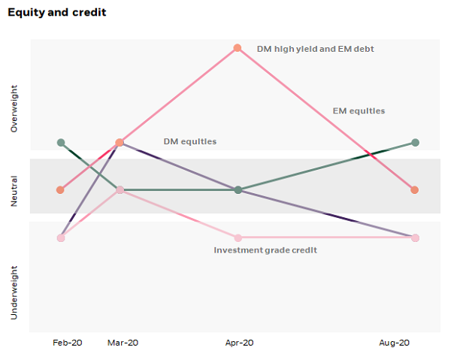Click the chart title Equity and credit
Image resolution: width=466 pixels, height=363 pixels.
[56, 13]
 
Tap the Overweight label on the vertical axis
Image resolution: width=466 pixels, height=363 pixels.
[14, 109]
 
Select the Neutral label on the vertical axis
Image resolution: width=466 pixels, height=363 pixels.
[14, 192]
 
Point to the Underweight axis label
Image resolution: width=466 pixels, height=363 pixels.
[14, 292]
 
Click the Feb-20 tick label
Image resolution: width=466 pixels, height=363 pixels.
[67, 343]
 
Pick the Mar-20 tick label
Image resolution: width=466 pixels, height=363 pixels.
[123, 343]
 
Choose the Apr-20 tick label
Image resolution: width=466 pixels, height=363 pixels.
[240, 343]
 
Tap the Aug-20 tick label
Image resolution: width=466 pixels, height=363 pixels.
[394, 343]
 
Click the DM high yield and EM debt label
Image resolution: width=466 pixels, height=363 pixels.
[315, 49]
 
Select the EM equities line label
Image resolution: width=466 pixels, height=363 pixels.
[359, 111]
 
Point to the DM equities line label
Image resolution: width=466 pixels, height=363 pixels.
[189, 141]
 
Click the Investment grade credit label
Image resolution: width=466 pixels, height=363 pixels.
[265, 250]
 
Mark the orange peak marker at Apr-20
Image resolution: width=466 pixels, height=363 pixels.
[238, 48]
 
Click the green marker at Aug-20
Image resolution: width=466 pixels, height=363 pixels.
[415, 143]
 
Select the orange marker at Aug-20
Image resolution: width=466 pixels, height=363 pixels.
[415, 190]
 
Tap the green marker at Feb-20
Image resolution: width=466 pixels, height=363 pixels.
[61, 143]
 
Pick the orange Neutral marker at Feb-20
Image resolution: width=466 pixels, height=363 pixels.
[61, 190]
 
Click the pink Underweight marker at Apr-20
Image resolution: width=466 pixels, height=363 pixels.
[238, 237]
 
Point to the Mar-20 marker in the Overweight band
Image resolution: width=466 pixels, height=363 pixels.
[120, 143]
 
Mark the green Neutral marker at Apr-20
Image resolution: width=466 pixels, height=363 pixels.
[238, 190]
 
